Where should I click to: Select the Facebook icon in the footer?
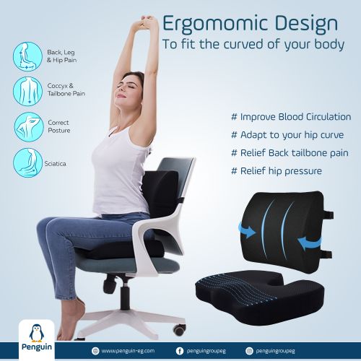[x=179, y=350]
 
